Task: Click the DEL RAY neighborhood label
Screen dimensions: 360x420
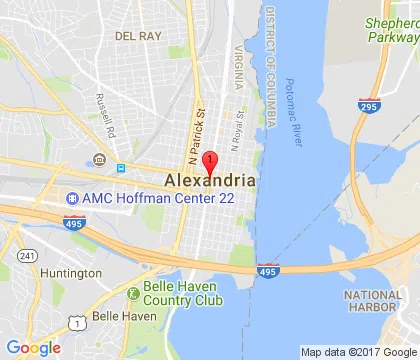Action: click(139, 35)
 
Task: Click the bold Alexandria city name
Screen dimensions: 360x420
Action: click(209, 180)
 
